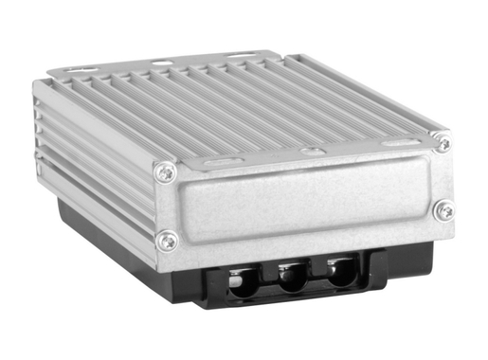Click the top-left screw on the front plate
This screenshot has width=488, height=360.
click(166, 172)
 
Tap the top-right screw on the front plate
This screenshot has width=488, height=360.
click(442, 143)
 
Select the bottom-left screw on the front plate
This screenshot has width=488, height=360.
click(167, 241)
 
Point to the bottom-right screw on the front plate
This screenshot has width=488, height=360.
click(443, 210)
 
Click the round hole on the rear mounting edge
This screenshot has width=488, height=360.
click(162, 63)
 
